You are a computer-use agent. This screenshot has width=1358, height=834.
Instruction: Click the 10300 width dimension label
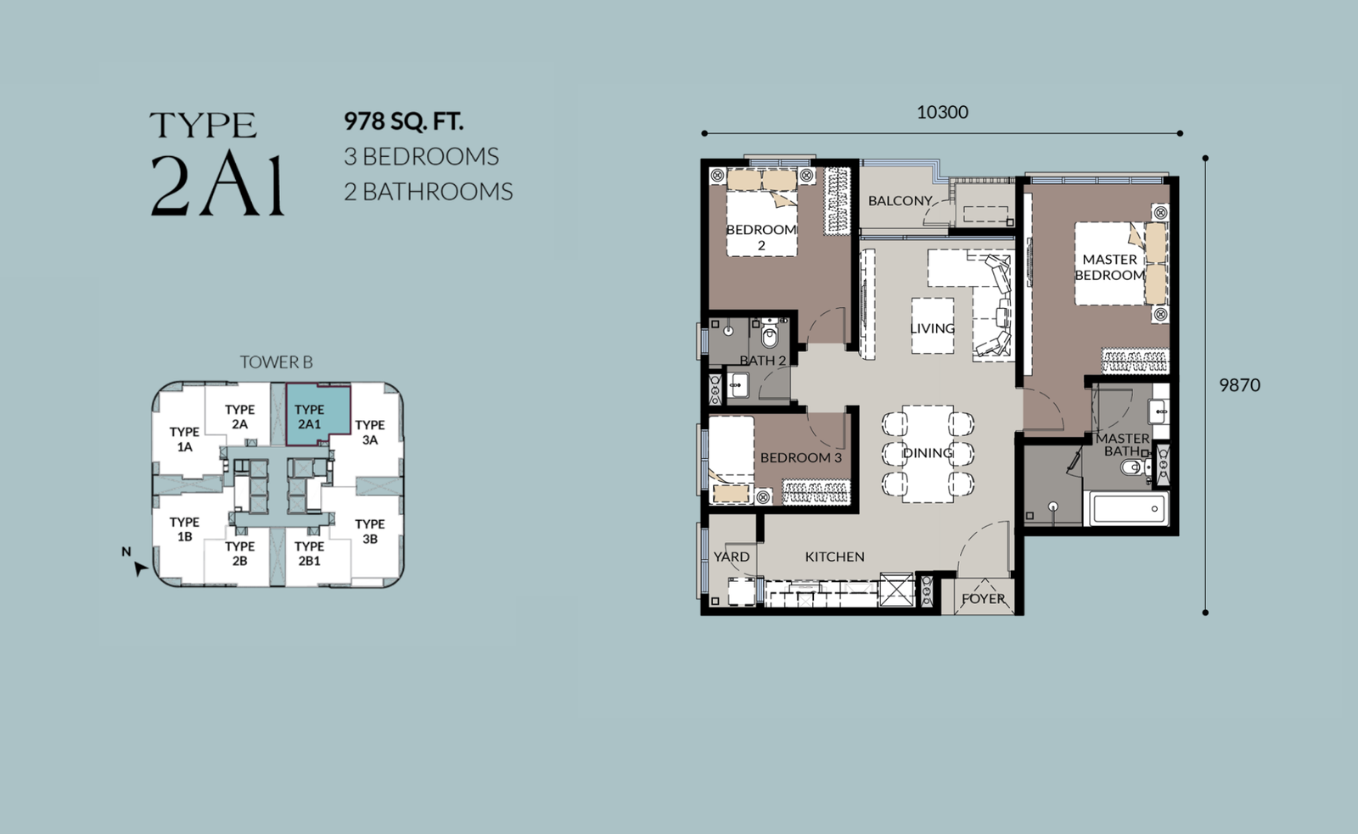pyautogui.click(x=942, y=112)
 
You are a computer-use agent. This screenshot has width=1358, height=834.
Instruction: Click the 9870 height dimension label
pyautogui.click(x=1240, y=385)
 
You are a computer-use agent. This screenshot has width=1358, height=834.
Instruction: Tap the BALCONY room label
pyautogui.click(x=900, y=200)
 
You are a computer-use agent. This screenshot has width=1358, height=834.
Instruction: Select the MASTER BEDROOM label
pyautogui.click(x=1109, y=267)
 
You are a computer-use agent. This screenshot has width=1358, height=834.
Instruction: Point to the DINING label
pyautogui.click(x=928, y=453)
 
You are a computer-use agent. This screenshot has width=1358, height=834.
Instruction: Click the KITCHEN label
pyautogui.click(x=835, y=557)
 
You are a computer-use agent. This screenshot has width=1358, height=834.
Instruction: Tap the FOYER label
pyautogui.click(x=984, y=599)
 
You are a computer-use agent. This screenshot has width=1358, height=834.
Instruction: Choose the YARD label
pyautogui.click(x=731, y=557)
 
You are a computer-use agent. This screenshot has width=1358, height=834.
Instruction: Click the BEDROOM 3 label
pyautogui.click(x=801, y=457)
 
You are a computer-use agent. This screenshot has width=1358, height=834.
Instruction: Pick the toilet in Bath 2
pyautogui.click(x=769, y=334)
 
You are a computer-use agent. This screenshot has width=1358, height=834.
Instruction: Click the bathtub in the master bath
pyautogui.click(x=1129, y=508)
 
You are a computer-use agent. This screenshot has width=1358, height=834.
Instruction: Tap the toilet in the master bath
pyautogui.click(x=1135, y=467)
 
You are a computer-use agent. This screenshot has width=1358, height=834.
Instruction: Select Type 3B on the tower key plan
pyautogui.click(x=370, y=531)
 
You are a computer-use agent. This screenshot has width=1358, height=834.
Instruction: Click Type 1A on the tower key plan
pyautogui.click(x=184, y=439)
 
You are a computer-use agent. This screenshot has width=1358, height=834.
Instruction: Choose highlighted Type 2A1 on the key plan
pyautogui.click(x=309, y=417)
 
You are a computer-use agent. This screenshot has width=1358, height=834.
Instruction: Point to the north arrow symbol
pyautogui.click(x=140, y=568)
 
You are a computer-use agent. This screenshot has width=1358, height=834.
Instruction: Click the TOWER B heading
pyautogui.click(x=277, y=362)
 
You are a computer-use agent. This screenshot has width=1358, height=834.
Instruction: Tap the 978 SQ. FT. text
pyautogui.click(x=404, y=121)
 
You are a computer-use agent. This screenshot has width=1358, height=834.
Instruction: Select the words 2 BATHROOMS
pyautogui.click(x=429, y=192)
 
